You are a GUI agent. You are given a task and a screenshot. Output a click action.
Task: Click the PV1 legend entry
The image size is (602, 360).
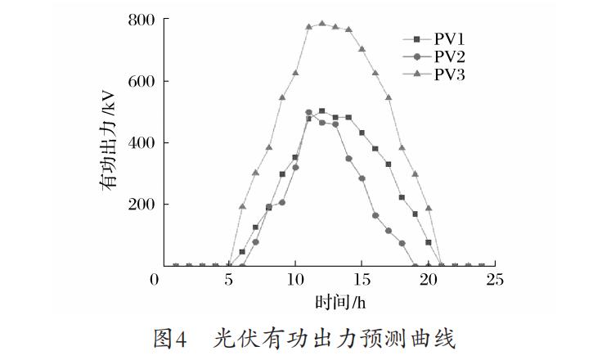point(434,38)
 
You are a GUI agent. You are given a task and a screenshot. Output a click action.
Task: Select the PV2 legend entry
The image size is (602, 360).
point(434,56)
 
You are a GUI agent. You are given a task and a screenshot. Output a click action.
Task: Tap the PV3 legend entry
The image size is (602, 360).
point(434,74)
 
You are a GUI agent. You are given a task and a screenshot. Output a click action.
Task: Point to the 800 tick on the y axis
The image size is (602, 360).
point(142,20)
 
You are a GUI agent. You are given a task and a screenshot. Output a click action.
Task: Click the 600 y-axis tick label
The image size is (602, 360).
point(142,82)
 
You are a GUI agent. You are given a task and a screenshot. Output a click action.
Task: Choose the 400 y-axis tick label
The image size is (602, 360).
point(142,143)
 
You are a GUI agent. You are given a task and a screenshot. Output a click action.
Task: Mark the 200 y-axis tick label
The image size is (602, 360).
point(142,205)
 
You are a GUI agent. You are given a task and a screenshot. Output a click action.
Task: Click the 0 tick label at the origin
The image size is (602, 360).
point(155,280)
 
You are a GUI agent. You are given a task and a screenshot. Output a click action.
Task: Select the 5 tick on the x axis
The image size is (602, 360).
point(229,280)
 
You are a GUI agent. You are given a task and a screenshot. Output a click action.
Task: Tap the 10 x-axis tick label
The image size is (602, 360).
point(295,280)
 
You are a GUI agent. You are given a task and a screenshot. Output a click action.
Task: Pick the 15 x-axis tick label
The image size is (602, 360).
point(362,280)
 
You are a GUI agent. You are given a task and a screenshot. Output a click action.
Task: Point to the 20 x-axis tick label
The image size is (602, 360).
point(428,280)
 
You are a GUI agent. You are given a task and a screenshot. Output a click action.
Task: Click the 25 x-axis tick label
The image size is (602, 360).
point(495,280)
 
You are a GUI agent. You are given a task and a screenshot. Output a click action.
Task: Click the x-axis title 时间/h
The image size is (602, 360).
point(340,303)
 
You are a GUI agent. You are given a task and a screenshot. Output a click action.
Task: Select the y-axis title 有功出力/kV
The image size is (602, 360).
point(108,140)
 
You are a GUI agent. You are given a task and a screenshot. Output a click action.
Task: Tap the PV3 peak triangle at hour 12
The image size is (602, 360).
point(322,24)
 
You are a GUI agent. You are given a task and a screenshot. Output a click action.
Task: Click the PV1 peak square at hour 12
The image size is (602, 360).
point(322,111)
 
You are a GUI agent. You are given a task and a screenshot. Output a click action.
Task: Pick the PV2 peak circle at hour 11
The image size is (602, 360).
point(308,113)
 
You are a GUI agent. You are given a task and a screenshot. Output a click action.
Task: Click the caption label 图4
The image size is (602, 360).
point(169,340)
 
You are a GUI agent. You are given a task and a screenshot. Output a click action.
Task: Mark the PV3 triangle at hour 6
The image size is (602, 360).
point(242,206)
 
